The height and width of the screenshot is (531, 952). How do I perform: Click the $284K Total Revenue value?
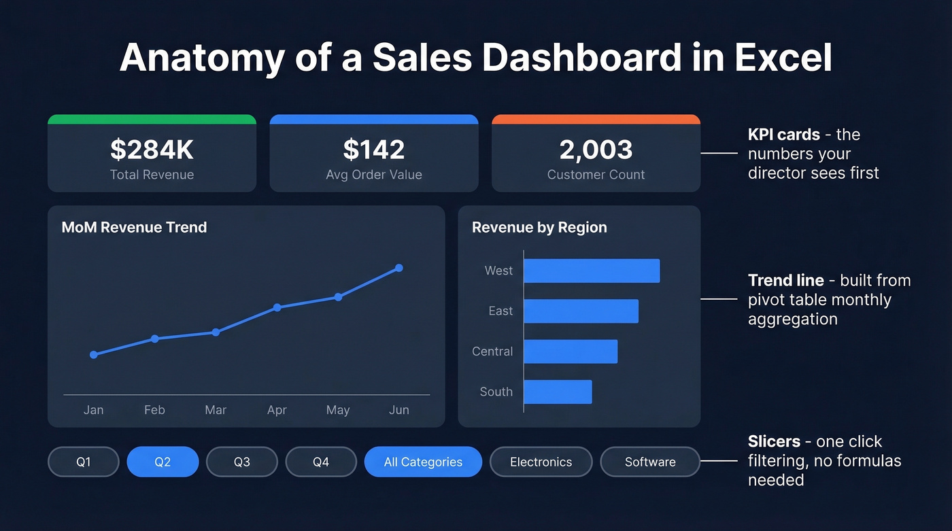click(152, 150)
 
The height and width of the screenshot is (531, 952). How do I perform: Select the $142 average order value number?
click(374, 150)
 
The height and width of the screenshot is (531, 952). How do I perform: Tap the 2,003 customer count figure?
click(596, 150)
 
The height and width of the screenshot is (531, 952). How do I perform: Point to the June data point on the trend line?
click(399, 268)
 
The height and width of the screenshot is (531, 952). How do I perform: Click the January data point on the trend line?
click(94, 354)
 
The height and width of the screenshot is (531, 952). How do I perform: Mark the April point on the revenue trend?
click(277, 307)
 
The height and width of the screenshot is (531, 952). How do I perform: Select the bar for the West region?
click(592, 271)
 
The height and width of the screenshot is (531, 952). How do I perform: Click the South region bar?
click(558, 392)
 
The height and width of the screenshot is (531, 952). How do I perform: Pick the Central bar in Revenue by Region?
click(571, 352)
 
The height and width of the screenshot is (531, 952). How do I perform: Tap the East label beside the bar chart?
click(500, 311)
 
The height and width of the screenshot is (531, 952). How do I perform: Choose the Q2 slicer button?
click(163, 462)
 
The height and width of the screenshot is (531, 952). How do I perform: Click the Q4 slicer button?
click(321, 462)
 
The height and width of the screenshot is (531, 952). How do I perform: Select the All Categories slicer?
click(423, 462)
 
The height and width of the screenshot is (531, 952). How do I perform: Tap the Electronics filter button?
click(541, 462)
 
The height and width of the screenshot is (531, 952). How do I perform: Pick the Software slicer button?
click(650, 462)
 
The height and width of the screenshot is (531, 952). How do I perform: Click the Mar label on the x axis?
click(216, 410)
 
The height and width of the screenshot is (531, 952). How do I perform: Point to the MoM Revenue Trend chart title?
click(134, 227)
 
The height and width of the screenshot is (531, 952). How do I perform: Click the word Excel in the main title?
click(783, 58)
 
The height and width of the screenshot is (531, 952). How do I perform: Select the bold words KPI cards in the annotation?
click(784, 135)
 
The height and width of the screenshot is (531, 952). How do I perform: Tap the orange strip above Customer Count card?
click(596, 120)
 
